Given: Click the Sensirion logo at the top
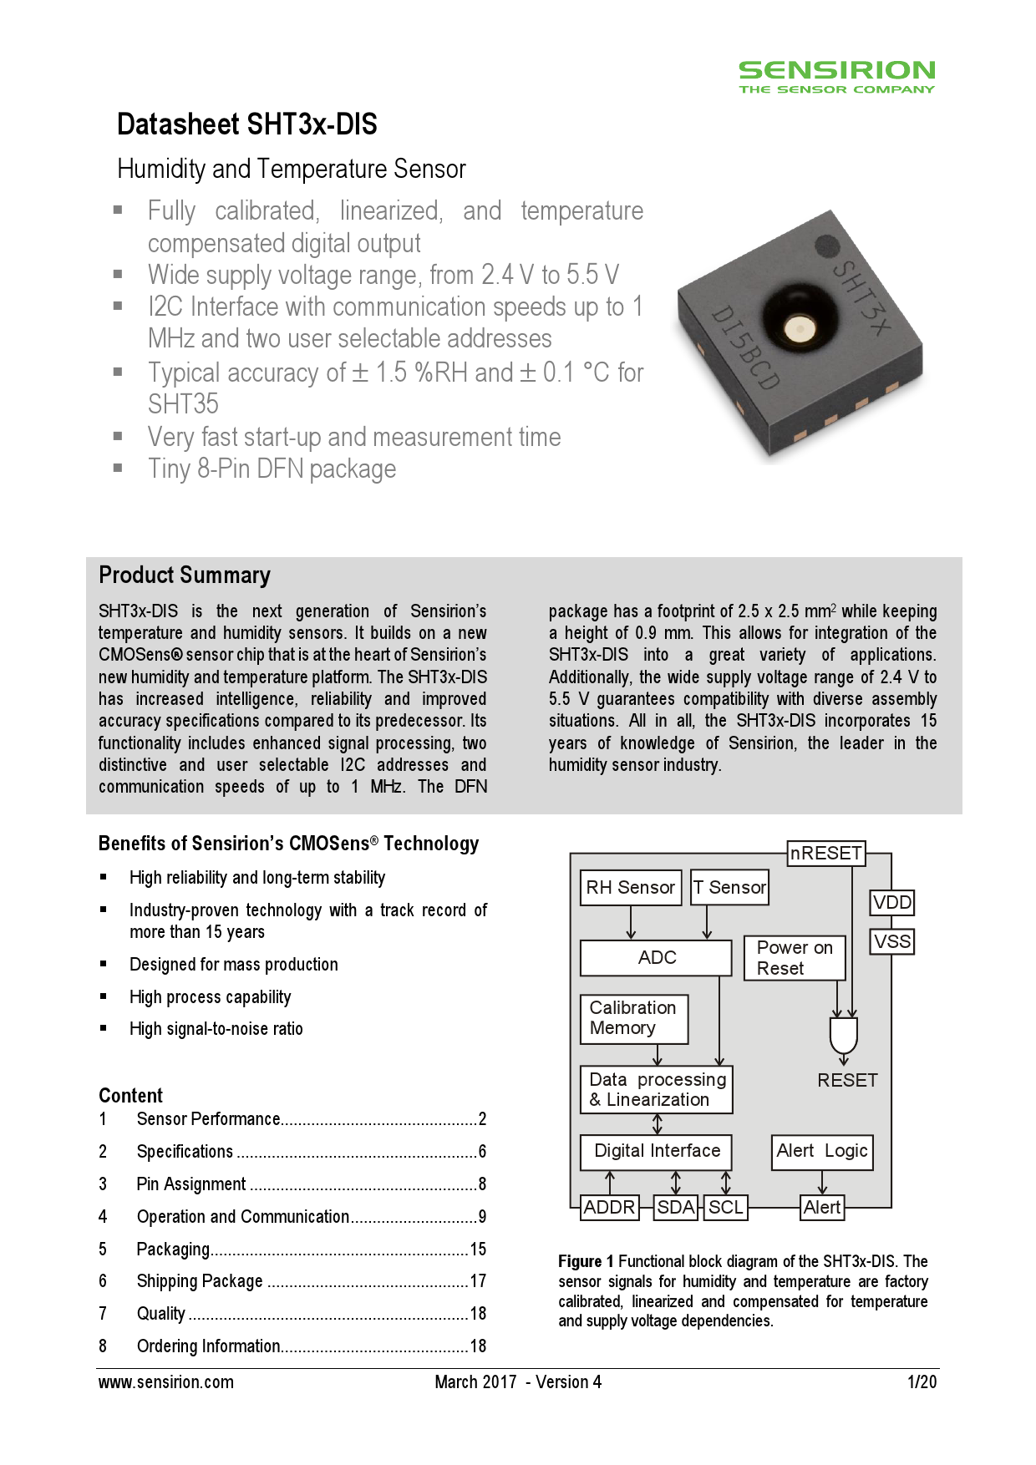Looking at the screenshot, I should coord(836,76).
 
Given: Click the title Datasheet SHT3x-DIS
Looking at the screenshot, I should coord(247,124).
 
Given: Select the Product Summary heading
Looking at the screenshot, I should coord(185,575).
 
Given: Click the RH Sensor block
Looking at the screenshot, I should coord(631,887).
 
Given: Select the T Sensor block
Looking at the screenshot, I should coord(729,887).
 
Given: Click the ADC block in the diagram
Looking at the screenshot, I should coord(657,958).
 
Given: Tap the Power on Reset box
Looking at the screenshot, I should coord(795,958).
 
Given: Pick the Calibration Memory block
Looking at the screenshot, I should coord(634,1018).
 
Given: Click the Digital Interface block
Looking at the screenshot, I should coord(657,1151).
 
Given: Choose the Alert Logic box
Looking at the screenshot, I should coord(822,1151).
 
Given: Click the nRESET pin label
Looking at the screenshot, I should coord(826,853).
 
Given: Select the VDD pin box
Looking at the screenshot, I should coord(892,902).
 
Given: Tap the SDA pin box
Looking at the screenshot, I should coord(676,1207).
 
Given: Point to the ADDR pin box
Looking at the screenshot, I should coord(609,1207).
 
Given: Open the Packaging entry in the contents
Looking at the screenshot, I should coord(173,1250).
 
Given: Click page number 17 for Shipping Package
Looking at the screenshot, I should coord(478,1281).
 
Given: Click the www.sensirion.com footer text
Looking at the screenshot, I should coord(166,1382).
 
